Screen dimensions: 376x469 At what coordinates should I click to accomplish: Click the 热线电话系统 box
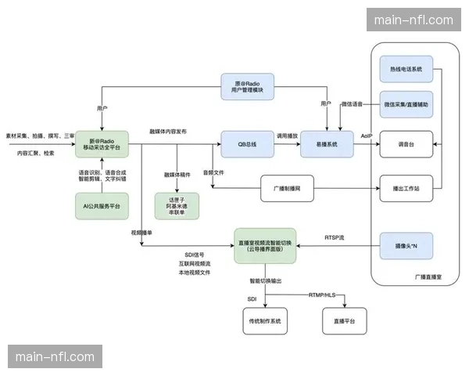point(406,70)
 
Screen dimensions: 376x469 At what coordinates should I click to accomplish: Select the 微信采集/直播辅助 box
point(406,104)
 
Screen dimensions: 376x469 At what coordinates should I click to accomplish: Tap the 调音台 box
point(406,145)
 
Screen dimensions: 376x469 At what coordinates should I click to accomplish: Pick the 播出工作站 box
point(406,188)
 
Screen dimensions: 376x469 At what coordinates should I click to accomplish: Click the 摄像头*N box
point(406,246)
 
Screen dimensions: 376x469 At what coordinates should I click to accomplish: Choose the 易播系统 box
point(327,144)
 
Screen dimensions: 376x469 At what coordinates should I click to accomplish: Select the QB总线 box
point(247,144)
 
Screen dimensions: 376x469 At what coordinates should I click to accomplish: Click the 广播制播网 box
point(294,188)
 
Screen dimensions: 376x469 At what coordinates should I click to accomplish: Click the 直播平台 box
point(345,320)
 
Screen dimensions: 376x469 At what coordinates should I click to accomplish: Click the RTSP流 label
point(335,236)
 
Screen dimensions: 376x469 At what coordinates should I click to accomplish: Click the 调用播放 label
point(287,136)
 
